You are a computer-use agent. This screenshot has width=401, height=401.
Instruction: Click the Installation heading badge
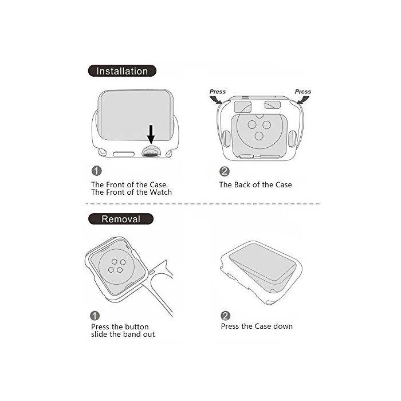[x=122, y=71]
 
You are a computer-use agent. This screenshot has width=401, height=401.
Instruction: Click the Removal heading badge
[x=121, y=219]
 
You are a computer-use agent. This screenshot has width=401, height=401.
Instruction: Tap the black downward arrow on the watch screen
[x=151, y=134]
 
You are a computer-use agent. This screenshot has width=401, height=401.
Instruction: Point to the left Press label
[x=217, y=92]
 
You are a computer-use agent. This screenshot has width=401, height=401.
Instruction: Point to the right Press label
[x=303, y=92]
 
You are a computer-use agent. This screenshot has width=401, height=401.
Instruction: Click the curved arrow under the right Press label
[x=303, y=100]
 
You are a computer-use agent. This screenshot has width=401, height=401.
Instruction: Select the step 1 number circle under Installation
[x=97, y=171]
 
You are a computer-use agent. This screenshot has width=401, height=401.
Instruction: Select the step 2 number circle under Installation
[x=225, y=171]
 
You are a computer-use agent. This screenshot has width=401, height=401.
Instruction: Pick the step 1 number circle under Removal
[x=95, y=316]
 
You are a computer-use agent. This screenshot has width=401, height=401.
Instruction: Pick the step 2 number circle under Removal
[x=226, y=316]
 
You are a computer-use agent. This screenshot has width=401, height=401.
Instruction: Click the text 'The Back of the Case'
[x=255, y=184]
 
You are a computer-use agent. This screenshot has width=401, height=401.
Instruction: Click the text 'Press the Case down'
[x=257, y=326]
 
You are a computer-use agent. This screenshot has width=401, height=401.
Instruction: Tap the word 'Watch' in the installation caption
[x=160, y=192]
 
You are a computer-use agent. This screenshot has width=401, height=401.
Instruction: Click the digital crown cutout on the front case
[x=151, y=152]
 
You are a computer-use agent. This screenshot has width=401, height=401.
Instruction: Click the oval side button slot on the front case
[x=124, y=154]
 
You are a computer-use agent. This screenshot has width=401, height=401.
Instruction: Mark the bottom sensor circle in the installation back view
[x=259, y=136]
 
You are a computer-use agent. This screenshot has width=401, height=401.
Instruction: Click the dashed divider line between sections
[x=203, y=204]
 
